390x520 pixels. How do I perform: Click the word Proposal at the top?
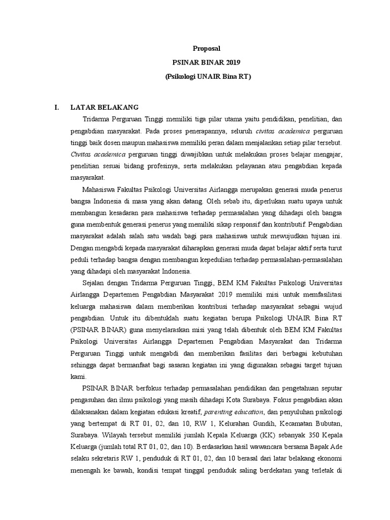[206, 49]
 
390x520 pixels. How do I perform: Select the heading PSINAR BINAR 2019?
[206, 63]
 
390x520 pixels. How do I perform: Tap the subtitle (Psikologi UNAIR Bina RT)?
[206, 77]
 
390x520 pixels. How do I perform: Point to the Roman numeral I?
[57, 107]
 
